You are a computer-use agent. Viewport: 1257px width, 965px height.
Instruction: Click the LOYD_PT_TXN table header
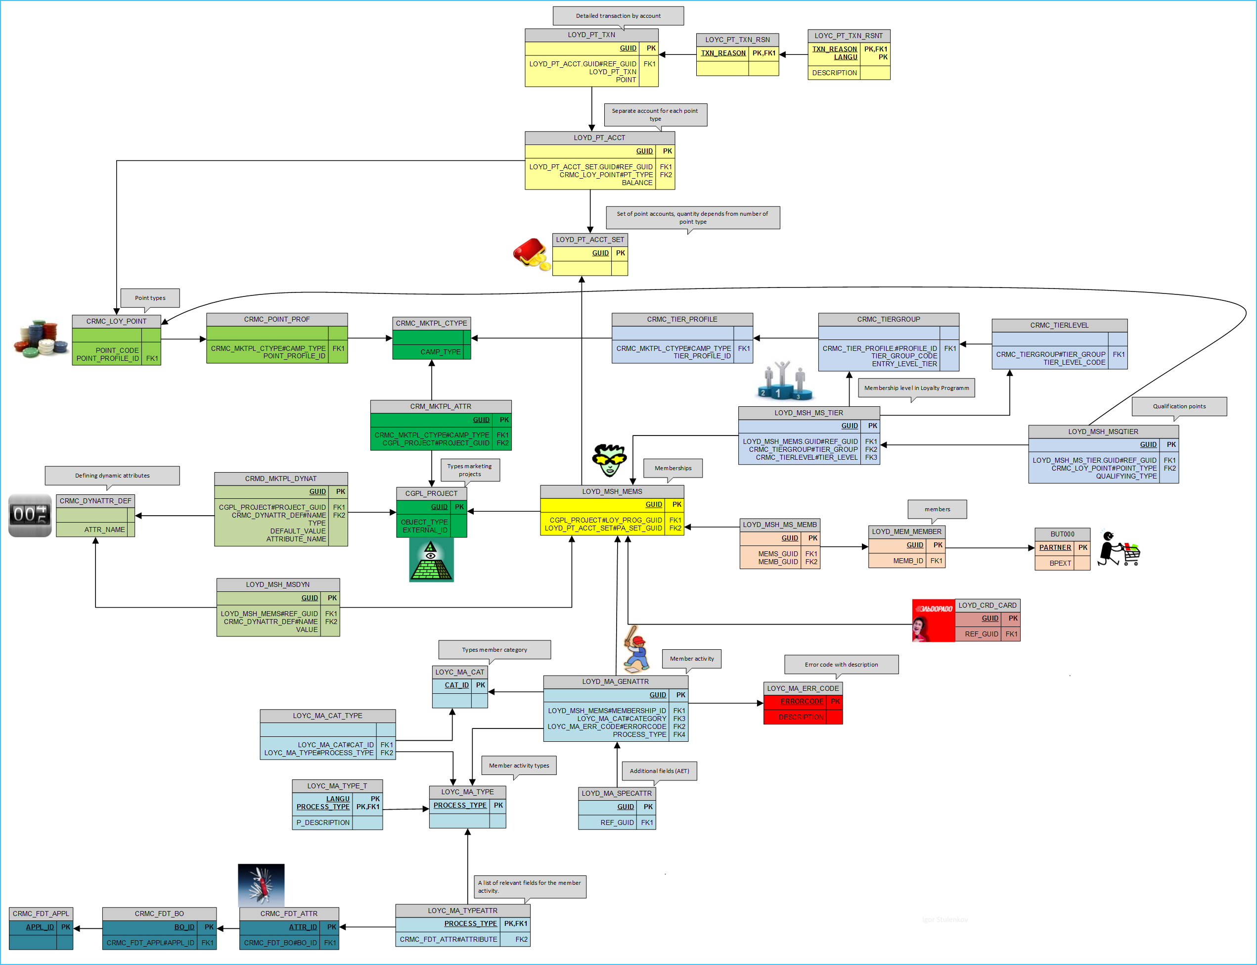coord(591,35)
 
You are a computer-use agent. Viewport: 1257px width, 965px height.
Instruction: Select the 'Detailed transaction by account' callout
coord(618,16)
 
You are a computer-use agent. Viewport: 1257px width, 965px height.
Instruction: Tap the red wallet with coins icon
coord(532,254)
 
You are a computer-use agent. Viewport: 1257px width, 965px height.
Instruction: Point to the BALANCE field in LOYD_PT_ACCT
coord(636,183)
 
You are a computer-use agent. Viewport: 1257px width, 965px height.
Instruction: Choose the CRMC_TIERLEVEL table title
coord(1059,325)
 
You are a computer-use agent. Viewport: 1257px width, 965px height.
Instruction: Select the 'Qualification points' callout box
coord(1179,406)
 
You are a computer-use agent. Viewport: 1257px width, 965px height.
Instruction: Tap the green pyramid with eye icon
coord(431,560)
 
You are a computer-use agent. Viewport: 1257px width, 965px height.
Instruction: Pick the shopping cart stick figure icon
coord(1118,549)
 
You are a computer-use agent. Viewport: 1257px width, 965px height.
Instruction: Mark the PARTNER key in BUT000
coord(1054,547)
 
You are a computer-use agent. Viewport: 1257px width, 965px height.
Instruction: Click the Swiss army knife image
coord(261,885)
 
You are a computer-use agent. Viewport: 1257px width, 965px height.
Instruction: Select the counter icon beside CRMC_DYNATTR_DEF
coord(30,515)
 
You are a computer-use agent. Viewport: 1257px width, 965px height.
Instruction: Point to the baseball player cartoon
coord(636,649)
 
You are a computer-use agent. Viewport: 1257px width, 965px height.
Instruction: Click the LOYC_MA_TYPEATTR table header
coord(463,911)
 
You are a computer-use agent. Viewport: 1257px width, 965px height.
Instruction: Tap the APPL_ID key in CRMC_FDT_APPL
coord(40,927)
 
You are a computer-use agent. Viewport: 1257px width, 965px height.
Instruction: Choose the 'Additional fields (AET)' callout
coord(659,771)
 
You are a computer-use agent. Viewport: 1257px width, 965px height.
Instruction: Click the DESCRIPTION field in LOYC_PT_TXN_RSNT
coord(834,73)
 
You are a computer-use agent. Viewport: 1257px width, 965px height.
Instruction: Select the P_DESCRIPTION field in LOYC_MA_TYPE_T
coord(322,822)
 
